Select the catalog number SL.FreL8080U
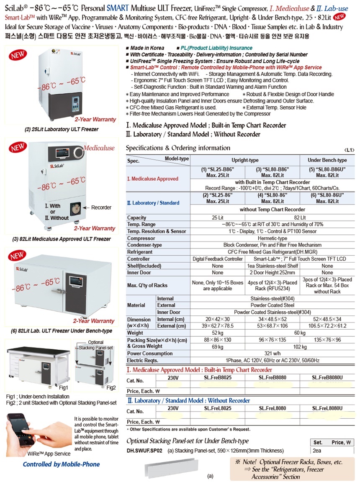[327, 408]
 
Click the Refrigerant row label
[140, 252]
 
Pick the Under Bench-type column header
[327, 160]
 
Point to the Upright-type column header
[245, 160]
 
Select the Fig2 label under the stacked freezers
[111, 388]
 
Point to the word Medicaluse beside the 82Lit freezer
[98, 148]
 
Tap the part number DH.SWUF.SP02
[144, 451]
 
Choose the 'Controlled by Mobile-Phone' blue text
[61, 464]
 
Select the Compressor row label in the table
[141, 238]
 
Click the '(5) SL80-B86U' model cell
[327, 172]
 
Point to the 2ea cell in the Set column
[317, 451]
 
